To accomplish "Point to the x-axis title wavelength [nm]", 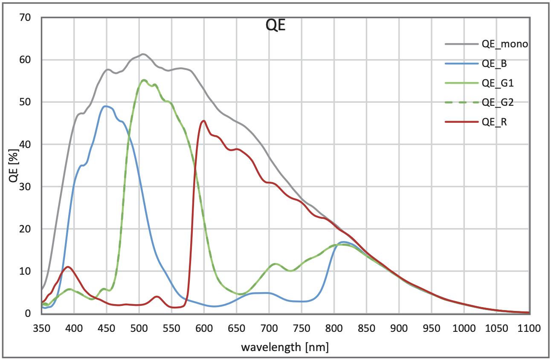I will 285,347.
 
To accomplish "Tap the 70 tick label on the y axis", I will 25,17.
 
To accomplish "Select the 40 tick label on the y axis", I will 25,144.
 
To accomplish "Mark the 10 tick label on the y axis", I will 25,271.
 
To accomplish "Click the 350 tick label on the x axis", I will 42,328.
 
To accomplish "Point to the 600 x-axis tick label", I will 204,328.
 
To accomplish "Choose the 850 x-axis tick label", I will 366,328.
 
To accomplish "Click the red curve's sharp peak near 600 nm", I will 204,121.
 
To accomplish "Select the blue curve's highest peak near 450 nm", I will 106,106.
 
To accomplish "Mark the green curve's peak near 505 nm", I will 143,80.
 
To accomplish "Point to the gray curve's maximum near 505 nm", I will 143,54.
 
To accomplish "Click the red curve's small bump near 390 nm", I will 68,267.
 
